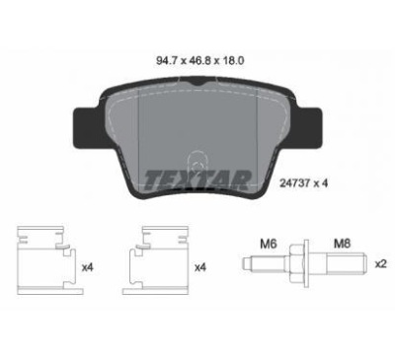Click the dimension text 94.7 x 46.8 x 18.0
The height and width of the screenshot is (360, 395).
[199, 61]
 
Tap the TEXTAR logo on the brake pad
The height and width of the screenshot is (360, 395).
[197, 180]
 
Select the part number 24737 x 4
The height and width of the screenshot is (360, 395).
[303, 183]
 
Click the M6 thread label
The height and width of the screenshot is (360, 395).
[269, 244]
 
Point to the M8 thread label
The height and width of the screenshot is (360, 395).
[343, 244]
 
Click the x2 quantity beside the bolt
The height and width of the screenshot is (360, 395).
[380, 264]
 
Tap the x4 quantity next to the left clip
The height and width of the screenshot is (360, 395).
[88, 267]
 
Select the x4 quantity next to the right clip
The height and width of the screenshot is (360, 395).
[200, 267]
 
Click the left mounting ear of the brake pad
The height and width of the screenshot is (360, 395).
[86, 127]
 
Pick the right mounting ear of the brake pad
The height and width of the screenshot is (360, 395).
[309, 127]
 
